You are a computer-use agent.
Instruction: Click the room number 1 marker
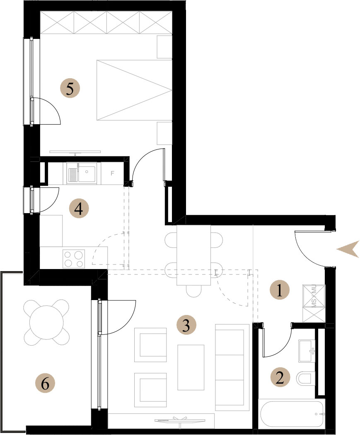(x=280, y=290)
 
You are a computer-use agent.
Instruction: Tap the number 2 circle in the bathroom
(x=280, y=377)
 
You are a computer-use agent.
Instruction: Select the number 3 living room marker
(x=186, y=324)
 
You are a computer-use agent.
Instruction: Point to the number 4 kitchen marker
(x=79, y=208)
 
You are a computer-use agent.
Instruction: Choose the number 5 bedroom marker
(x=70, y=89)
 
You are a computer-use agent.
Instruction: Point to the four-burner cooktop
(x=74, y=259)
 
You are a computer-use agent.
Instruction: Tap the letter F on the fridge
(x=112, y=173)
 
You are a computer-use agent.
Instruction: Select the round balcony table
(x=46, y=322)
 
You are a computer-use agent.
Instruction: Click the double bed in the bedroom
(x=134, y=90)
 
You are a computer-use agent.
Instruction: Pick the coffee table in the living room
(x=191, y=367)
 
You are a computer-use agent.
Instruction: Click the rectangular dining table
(x=193, y=255)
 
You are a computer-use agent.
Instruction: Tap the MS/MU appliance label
(x=314, y=296)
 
